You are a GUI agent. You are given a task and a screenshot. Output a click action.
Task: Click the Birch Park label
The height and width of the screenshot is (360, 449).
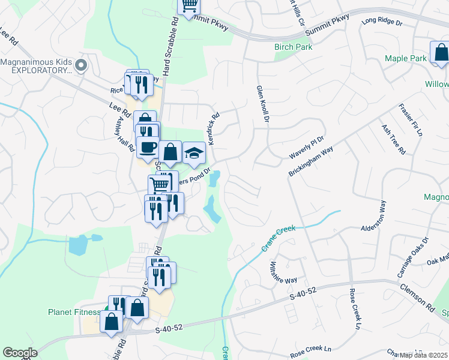[x=291, y=47]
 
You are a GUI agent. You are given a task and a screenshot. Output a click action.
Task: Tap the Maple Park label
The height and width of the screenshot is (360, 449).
[x=405, y=58]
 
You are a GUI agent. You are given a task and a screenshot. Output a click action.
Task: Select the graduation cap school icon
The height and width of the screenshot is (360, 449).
[x=194, y=154]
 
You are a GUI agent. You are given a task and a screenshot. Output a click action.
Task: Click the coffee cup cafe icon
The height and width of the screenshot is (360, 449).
[x=148, y=146]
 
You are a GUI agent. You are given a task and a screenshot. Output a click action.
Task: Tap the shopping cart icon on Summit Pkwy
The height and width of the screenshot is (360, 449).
[x=189, y=5]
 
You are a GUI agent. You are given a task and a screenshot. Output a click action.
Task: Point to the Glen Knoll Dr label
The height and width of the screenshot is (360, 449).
[x=261, y=103]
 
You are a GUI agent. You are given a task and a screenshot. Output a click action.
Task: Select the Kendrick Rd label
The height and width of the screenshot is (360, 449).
[x=214, y=124]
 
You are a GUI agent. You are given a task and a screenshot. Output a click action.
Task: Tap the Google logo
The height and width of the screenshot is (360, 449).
[x=20, y=353]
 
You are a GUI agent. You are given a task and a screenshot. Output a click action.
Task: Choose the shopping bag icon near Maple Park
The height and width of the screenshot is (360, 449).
[x=440, y=52]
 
